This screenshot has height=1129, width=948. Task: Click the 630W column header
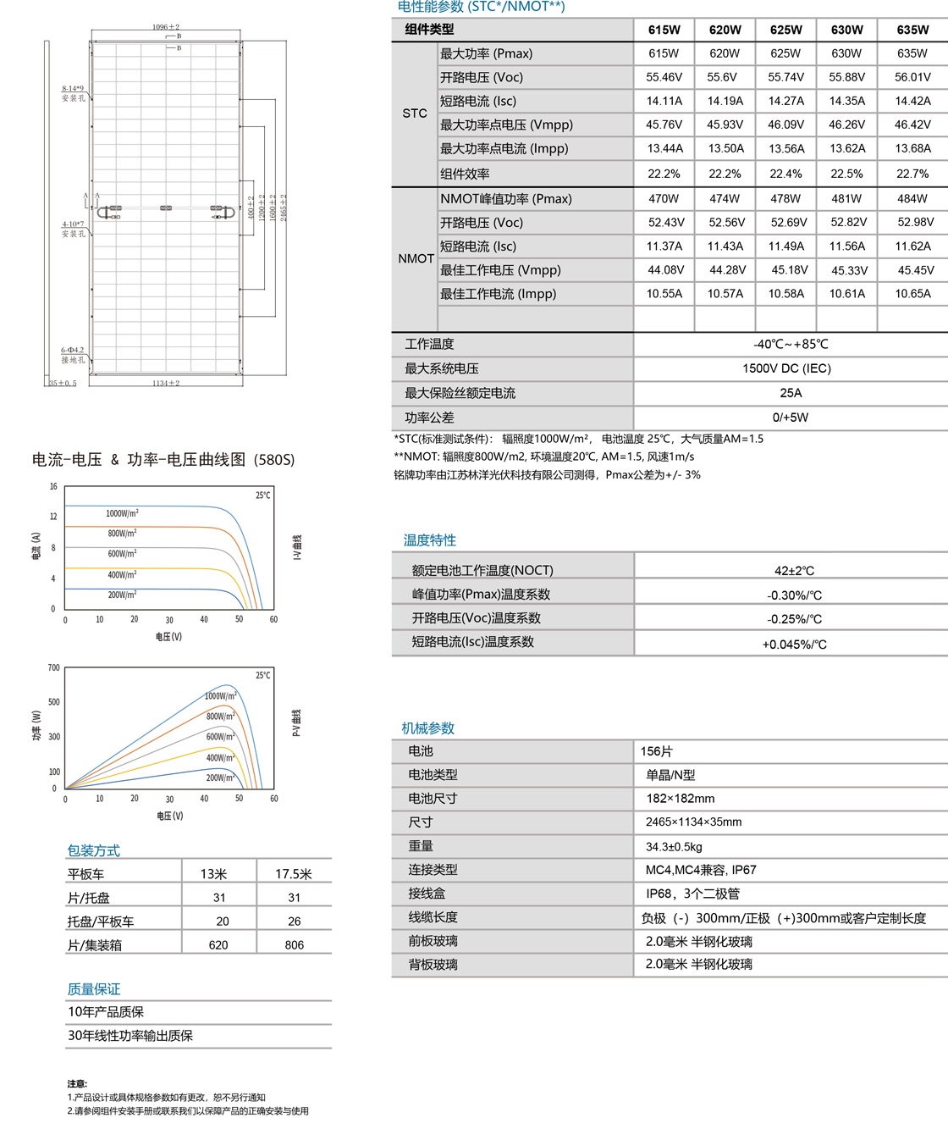846,30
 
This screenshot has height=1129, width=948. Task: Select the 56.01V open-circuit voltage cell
912,77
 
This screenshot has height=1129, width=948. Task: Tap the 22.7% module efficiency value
912,174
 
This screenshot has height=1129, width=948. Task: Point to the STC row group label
415,113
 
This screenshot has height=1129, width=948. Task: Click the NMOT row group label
416,258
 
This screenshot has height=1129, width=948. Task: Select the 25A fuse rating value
791,393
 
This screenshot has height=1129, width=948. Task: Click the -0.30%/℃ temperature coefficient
794,595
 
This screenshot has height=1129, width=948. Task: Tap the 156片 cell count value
657,751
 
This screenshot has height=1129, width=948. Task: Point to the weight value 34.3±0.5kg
674,846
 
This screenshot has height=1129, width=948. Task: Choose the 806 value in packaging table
295,945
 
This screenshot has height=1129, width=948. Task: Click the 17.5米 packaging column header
294,874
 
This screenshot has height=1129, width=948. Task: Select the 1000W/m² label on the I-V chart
122,513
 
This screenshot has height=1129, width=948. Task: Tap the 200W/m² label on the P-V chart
220,778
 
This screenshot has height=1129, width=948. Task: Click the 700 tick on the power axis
54,668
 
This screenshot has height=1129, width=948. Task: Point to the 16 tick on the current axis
53,487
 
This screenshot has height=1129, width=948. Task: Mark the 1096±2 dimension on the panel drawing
166,27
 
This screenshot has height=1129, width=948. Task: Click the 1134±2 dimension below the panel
166,384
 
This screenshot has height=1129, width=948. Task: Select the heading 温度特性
429,540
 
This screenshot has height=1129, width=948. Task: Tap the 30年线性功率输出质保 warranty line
130,1036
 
